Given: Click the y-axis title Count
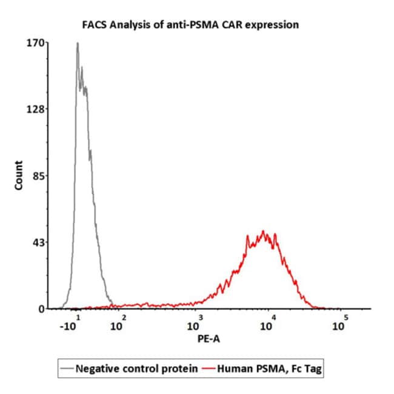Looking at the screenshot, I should pyautogui.click(x=19, y=176).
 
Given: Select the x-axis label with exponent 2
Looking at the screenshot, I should pyautogui.click(x=118, y=324).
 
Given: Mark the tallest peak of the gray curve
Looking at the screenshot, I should pyautogui.click(x=78, y=43).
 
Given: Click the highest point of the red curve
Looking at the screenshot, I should pyautogui.click(x=263, y=231).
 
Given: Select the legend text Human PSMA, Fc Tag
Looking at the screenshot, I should pyautogui.click(x=267, y=368).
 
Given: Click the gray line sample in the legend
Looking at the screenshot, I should pyautogui.click(x=67, y=368).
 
